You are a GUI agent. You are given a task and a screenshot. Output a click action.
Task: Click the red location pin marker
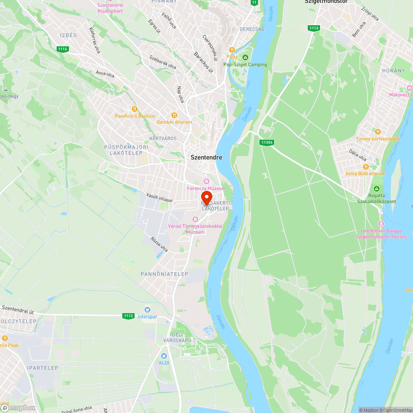(206, 197)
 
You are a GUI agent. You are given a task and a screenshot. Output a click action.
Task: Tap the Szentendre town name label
(206, 157)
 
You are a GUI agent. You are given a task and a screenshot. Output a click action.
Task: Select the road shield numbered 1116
(63, 49)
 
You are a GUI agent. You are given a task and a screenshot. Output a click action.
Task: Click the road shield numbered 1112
(128, 316)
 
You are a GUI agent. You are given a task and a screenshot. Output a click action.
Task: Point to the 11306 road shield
(267, 142)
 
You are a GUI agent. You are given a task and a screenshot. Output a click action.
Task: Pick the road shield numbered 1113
(313, 28)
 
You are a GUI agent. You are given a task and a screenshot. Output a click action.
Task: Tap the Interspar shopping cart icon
(147, 309)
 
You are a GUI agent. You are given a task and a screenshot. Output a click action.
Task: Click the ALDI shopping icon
(164, 356)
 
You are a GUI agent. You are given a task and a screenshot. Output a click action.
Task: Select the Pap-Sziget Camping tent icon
(245, 57)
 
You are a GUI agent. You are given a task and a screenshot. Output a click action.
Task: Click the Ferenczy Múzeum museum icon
(206, 181)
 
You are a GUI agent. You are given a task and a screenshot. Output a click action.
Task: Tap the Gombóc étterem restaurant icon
(174, 115)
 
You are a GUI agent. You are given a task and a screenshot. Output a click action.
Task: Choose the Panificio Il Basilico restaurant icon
(134, 109)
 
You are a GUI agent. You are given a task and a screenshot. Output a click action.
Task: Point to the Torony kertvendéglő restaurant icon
(377, 132)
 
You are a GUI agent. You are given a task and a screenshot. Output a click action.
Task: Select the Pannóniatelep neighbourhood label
(164, 274)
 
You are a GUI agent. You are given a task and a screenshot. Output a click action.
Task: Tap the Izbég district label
(68, 36)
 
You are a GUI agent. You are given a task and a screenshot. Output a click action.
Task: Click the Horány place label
(394, 71)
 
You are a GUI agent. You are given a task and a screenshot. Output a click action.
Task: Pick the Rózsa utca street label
(159, 244)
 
